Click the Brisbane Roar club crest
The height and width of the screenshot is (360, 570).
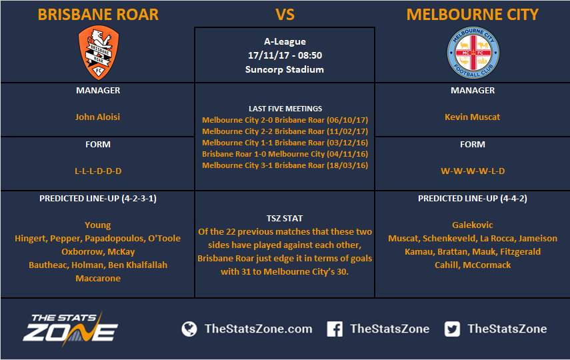(x=99, y=53)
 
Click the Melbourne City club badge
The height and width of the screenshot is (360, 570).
(x=473, y=53)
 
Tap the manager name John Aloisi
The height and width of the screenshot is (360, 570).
(x=97, y=117)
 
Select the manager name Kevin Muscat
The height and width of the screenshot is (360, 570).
(x=472, y=117)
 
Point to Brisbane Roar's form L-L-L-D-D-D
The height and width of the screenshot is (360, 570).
(x=98, y=171)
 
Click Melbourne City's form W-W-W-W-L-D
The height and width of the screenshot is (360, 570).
(x=473, y=171)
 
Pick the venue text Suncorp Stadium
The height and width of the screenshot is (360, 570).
(x=284, y=69)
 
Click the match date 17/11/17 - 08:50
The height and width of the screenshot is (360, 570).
(x=285, y=55)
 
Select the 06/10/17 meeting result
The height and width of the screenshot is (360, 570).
(x=285, y=120)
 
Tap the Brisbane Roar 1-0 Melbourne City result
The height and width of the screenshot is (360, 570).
(x=285, y=154)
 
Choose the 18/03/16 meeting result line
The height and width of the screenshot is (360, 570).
(x=285, y=165)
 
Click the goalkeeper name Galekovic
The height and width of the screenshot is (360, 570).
(x=472, y=225)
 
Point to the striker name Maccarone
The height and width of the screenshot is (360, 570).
(x=98, y=278)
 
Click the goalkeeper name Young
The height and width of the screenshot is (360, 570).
(x=97, y=225)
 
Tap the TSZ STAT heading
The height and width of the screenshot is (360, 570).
(x=284, y=218)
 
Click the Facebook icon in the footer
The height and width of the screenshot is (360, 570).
(x=335, y=329)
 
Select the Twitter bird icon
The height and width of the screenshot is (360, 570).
(x=452, y=329)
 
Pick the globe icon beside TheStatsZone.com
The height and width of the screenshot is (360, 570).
(x=189, y=329)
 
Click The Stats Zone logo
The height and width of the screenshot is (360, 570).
(x=70, y=329)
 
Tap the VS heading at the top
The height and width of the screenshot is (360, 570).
(x=285, y=15)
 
